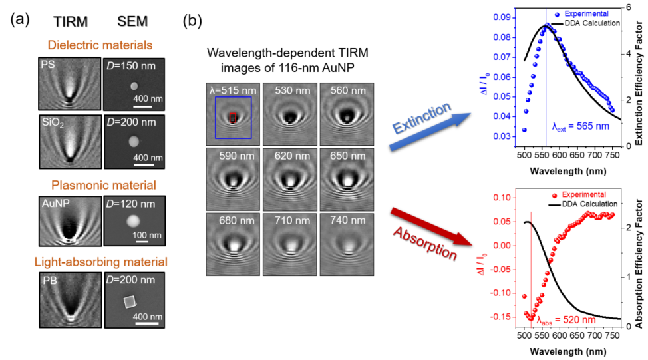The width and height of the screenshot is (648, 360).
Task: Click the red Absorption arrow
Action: pos(432,226)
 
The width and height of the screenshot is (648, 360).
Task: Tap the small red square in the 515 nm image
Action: pos(233,118)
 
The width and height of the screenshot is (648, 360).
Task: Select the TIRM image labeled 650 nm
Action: pos(347,180)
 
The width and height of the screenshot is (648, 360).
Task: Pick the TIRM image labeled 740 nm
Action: pos(347,244)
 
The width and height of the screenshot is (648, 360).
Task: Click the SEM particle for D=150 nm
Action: pos(134,86)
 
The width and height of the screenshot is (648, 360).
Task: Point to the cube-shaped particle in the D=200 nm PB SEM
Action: pos(130,302)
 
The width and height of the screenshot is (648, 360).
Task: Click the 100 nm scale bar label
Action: pos(147,235)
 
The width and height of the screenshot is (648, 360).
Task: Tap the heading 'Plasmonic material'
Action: pos(104,185)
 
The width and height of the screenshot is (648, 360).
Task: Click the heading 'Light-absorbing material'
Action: pos(101,262)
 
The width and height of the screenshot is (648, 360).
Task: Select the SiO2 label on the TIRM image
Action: pos(53,122)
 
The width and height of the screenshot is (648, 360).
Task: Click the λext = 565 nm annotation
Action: pos(581,126)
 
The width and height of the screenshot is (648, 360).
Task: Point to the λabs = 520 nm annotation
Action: pos(566,320)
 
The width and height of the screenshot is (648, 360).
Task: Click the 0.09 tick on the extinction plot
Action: pos(502,17)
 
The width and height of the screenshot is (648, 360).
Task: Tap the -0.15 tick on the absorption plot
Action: pos(501,317)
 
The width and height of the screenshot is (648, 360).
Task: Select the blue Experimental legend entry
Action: pos(582,13)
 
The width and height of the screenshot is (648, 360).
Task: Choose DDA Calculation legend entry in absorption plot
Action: pos(583,204)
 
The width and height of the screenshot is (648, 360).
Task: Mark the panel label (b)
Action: pos(192,20)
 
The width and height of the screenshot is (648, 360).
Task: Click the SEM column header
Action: pos(132,21)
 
